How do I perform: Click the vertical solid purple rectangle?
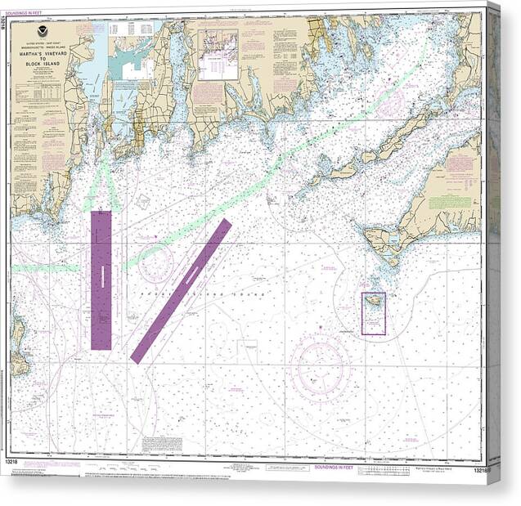[101, 280]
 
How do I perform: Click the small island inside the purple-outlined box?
[372, 303]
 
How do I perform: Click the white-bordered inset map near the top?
[217, 55]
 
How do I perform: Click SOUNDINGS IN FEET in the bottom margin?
[334, 468]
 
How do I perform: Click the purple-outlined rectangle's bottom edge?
[374, 334]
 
